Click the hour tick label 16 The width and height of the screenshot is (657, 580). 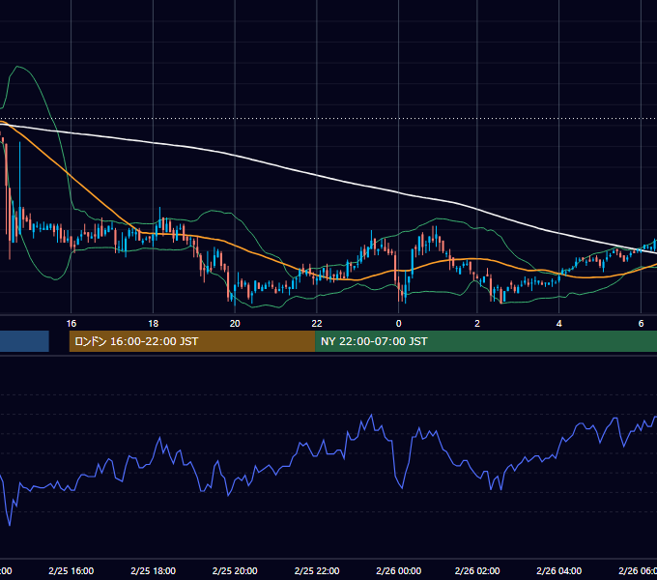71,324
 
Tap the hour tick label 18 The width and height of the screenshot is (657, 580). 154,324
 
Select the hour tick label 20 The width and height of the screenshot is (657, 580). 235,324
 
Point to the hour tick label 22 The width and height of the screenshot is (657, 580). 317,324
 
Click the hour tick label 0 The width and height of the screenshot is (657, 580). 398,324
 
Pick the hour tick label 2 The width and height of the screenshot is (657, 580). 477,324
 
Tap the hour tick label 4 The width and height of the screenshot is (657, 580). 559,324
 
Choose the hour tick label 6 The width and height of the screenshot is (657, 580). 641,324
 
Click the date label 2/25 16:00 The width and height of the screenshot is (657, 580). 71,571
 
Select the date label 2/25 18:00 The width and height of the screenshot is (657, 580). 154,571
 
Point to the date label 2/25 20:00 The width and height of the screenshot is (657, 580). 235,571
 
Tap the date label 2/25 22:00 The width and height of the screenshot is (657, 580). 317,571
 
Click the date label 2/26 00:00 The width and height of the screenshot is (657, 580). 398,571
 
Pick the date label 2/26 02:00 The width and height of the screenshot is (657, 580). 477,571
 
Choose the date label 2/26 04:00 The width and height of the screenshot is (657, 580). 559,571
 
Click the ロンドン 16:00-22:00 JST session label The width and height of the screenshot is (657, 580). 136,341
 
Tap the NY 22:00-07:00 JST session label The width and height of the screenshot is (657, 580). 374,341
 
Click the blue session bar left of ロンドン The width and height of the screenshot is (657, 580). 24,341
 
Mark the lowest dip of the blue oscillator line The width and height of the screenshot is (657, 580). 10,525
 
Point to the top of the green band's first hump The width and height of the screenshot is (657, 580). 17,66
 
